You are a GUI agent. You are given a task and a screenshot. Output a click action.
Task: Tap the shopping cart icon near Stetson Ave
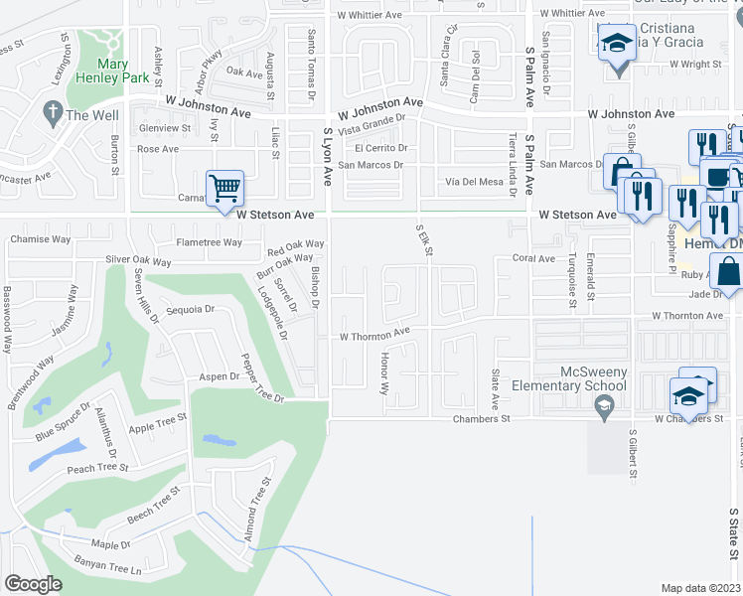coord(225,186)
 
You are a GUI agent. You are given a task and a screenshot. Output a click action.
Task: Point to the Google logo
coord(33,584)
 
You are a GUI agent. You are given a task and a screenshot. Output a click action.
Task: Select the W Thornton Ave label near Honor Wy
coord(374,336)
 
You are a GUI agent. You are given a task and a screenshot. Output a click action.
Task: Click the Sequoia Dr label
coord(191,310)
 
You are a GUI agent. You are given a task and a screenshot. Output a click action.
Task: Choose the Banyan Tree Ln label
coord(108,568)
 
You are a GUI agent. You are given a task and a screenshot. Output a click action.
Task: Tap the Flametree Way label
coord(209,242)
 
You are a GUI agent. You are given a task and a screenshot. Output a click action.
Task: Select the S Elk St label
coord(424,239)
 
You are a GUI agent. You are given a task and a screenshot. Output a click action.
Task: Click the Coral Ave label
coord(533,258)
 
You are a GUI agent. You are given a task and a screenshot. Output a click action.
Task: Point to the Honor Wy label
coord(383,375)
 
